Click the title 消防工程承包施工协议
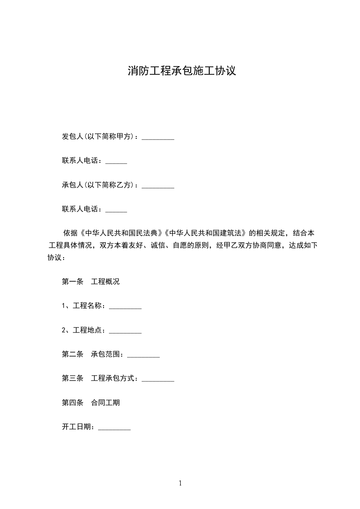tap(182, 71)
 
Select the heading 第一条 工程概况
tap(90, 282)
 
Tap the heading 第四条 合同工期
tap(90, 402)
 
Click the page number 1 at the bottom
tap(180, 483)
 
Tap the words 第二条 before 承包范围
tap(73, 354)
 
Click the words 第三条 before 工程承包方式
tap(73, 378)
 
